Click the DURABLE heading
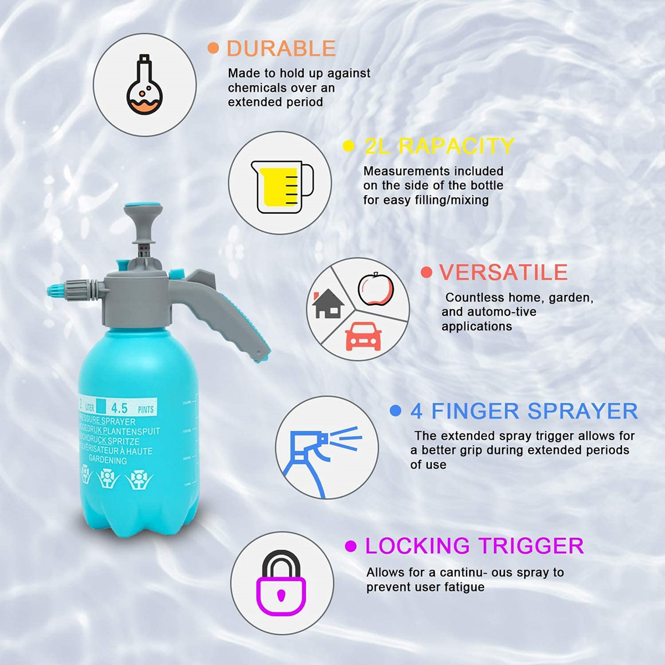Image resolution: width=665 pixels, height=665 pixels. click(x=281, y=49)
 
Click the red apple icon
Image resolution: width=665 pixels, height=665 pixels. click(x=375, y=289)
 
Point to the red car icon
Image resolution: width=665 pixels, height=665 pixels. click(x=363, y=336)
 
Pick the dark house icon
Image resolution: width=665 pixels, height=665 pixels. click(x=328, y=305)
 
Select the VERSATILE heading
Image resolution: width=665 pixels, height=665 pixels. click(x=503, y=272)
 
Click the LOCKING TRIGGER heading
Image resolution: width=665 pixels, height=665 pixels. click(x=474, y=546)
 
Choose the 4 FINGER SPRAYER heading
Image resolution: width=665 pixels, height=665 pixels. click(x=524, y=411)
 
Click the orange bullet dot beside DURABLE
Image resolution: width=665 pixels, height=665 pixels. click(x=213, y=48)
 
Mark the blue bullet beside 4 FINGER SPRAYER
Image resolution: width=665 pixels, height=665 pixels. click(x=395, y=411)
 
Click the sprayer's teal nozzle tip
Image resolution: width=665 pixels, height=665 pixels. click(x=53, y=290)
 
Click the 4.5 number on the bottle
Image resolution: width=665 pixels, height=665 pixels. click(x=119, y=408)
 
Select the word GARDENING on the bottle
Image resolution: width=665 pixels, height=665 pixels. click(x=108, y=461)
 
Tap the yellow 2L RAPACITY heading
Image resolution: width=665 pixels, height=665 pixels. click(x=439, y=146)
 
